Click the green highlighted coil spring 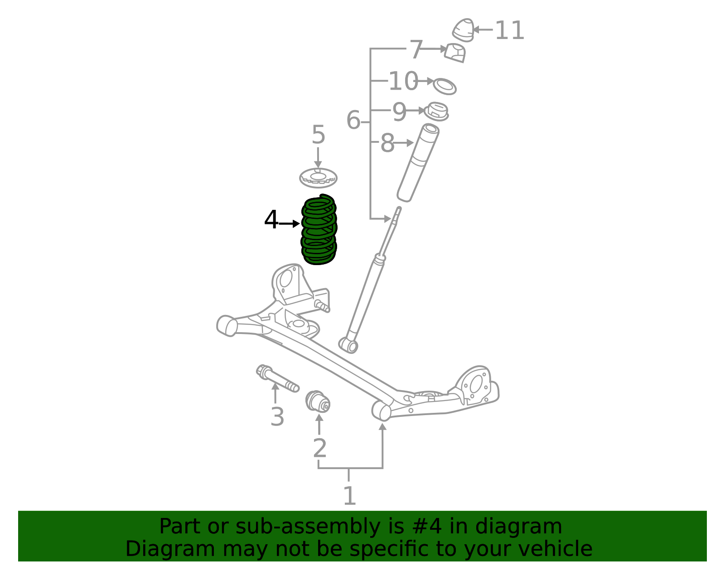(x=319, y=230)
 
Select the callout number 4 (x=271, y=220)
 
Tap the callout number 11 (x=509, y=31)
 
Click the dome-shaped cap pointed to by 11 (x=463, y=29)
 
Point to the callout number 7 (x=416, y=49)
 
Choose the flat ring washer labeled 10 (x=445, y=86)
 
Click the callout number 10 (x=403, y=82)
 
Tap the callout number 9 (x=399, y=111)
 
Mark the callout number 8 (x=387, y=143)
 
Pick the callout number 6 (x=353, y=121)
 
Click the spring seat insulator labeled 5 (x=318, y=177)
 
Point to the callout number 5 (x=318, y=135)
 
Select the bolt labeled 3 (x=277, y=378)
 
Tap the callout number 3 (x=277, y=417)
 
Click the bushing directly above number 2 (x=318, y=401)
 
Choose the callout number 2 (x=319, y=449)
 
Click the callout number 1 (x=349, y=496)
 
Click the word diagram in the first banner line (x=527, y=527)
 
